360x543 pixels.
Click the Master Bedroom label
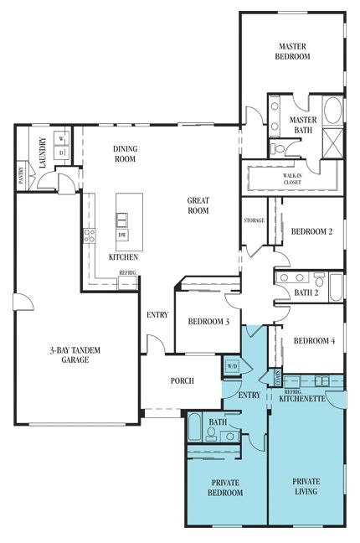pos(293,51)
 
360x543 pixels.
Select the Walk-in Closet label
pos(292,178)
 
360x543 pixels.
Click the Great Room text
pos(198,206)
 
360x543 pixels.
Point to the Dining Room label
pos(125,154)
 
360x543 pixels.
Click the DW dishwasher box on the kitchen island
pos(123,235)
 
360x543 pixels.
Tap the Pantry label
pos(20,173)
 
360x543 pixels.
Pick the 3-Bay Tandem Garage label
pos(74,354)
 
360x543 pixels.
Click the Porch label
pos(182,380)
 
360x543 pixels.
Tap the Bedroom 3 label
pos(208,321)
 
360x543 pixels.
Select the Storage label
pos(255,220)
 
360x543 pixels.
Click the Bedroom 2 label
pos(311,232)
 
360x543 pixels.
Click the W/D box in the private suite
pos(231,367)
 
